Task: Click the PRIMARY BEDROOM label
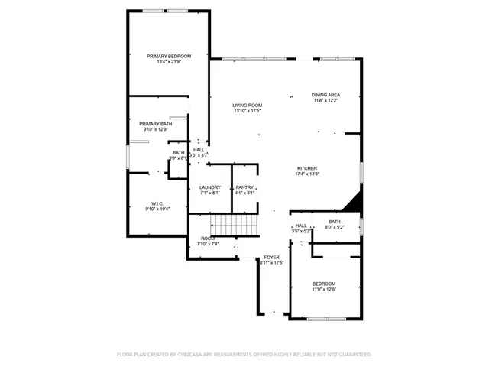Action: click(x=169, y=56)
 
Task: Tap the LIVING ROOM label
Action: click(x=248, y=105)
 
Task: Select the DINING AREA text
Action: click(x=325, y=95)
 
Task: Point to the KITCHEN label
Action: click(x=307, y=168)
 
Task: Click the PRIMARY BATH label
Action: click(x=155, y=123)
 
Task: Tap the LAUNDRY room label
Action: click(x=209, y=187)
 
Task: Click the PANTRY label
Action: click(x=244, y=187)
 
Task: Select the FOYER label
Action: click(x=272, y=257)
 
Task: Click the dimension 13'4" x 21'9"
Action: click(x=169, y=62)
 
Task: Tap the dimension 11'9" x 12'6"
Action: click(x=324, y=290)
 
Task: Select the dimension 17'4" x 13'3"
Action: click(x=307, y=174)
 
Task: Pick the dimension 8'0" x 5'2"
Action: click(x=335, y=227)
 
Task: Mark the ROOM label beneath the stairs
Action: click(x=208, y=239)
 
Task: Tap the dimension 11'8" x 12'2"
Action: click(x=325, y=100)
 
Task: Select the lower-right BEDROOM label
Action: click(x=324, y=284)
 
